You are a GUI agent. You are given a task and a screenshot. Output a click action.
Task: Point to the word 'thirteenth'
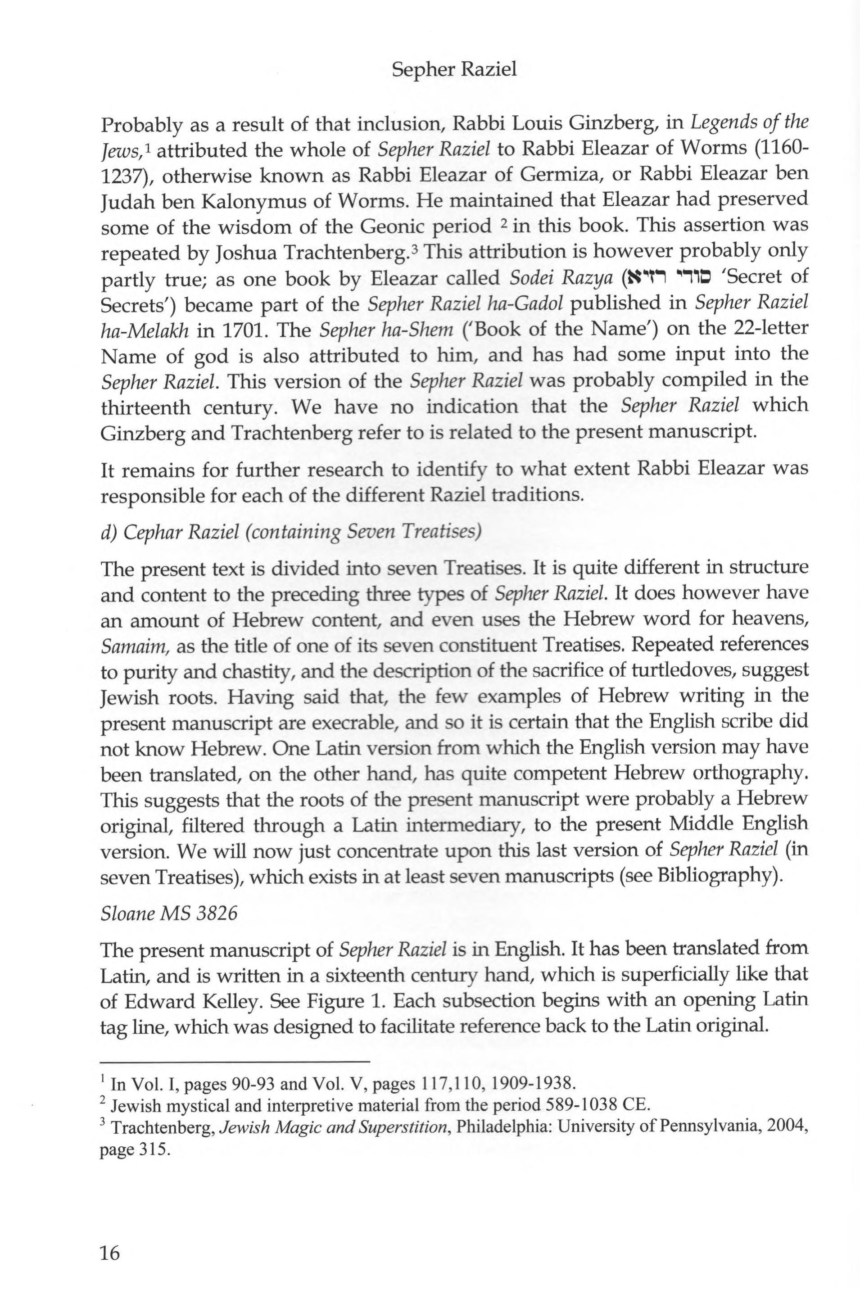click(146, 407)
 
